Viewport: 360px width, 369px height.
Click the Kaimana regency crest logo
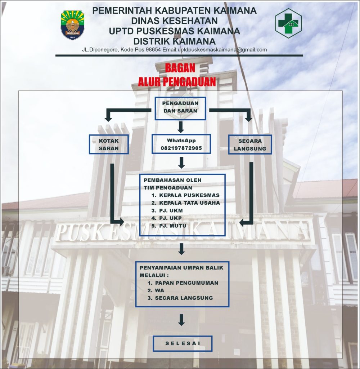coord(72,25)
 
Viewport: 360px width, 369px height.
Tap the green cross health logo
coord(288,23)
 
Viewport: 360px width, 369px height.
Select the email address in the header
coord(222,50)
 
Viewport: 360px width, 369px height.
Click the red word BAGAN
coord(180,68)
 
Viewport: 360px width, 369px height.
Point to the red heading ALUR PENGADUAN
coord(177,82)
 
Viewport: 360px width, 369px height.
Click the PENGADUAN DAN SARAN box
coord(180,108)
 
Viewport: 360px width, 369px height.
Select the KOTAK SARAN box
coord(109,145)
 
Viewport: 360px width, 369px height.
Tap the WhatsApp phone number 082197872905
coord(181,148)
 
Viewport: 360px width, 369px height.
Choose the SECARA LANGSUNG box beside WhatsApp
coord(250,145)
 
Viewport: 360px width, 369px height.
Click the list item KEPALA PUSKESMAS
coord(185,195)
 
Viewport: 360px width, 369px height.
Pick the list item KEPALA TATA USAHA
coord(185,203)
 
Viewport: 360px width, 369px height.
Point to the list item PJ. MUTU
coord(169,226)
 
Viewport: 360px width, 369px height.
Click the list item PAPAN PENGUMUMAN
coord(183,283)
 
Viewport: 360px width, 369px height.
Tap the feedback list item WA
coord(156,290)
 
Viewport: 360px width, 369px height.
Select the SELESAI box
coord(183,343)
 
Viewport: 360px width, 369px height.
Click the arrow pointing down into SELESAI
coord(181,320)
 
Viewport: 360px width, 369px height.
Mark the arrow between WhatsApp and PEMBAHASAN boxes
coord(181,163)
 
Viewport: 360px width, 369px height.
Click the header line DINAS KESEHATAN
coord(175,21)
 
